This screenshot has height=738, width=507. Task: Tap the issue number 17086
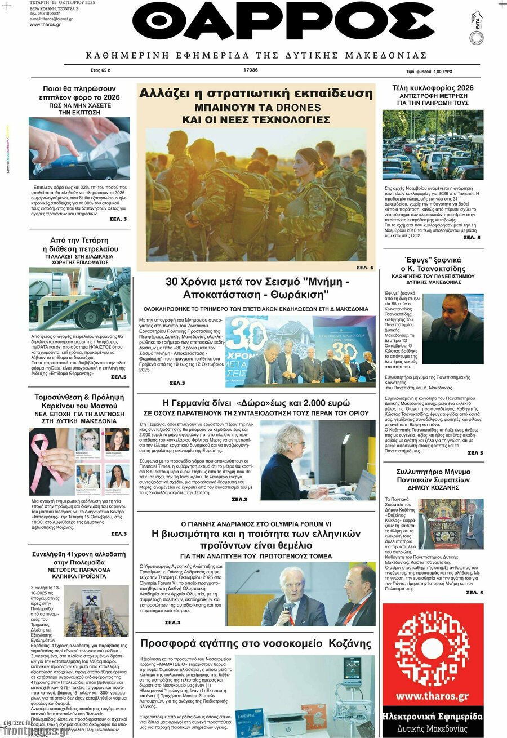pyautogui.click(x=251, y=70)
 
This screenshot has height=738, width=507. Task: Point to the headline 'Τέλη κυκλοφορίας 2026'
pyautogui.click(x=433, y=88)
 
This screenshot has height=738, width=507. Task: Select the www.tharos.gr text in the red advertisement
pyautogui.click(x=432, y=696)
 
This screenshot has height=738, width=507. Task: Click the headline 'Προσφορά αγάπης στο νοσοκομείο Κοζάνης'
pyautogui.click(x=256, y=643)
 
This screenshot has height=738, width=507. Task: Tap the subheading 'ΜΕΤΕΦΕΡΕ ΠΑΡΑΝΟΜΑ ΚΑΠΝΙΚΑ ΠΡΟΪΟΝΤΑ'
pyautogui.click(x=79, y=573)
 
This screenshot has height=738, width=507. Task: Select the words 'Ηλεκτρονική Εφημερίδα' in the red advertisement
pyautogui.click(x=432, y=717)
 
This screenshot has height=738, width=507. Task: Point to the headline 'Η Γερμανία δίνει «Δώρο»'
pyautogui.click(x=256, y=403)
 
